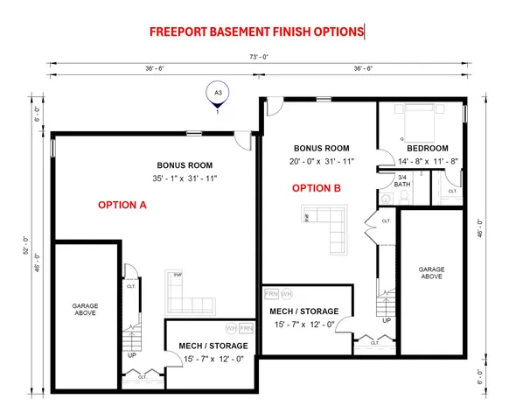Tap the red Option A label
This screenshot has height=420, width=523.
coord(122,205)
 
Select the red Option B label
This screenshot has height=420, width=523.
coord(316,188)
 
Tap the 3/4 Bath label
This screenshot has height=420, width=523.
coord(402,180)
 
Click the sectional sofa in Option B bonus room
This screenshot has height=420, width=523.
coord(326,227)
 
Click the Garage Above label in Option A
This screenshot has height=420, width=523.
coord(86,310)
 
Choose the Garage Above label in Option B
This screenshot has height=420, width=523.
coord(430,272)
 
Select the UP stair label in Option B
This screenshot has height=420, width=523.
coord(387,320)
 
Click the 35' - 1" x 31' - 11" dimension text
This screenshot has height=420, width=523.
coord(185,178)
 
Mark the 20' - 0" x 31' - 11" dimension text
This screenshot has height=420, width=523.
coord(321,161)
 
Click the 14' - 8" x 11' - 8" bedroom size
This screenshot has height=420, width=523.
coord(429,161)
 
